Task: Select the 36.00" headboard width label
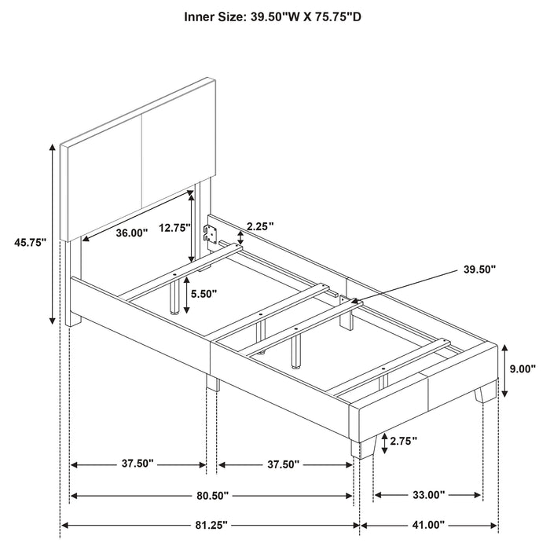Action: coord(131,233)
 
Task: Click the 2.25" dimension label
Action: coord(259,226)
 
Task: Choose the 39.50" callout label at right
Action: coord(479,269)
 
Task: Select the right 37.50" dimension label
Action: coord(280,464)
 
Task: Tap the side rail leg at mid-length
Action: coord(212,382)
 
